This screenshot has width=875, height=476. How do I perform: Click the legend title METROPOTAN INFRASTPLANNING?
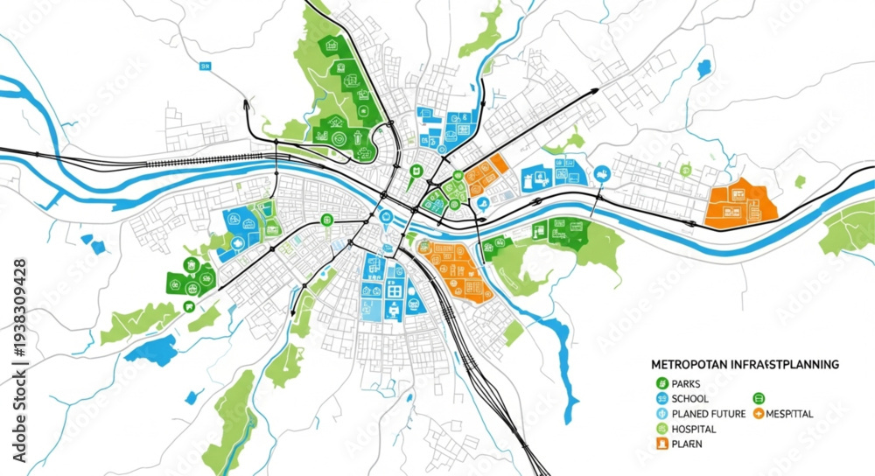[745, 363]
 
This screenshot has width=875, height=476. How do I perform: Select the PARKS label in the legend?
[688, 383]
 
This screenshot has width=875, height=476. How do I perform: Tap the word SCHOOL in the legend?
[690, 398]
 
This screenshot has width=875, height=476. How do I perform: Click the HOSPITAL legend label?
[694, 429]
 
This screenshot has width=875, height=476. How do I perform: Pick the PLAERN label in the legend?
[687, 444]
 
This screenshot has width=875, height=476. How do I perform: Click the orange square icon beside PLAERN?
[661, 444]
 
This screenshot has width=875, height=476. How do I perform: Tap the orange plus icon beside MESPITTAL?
[758, 414]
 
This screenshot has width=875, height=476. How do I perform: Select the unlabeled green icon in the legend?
[759, 398]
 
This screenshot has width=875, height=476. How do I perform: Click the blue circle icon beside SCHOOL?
[661, 398]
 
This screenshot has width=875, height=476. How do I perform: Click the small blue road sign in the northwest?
[206, 66]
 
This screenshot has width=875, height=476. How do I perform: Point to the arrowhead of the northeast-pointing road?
[594, 91]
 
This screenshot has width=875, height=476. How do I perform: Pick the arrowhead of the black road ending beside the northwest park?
[246, 103]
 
